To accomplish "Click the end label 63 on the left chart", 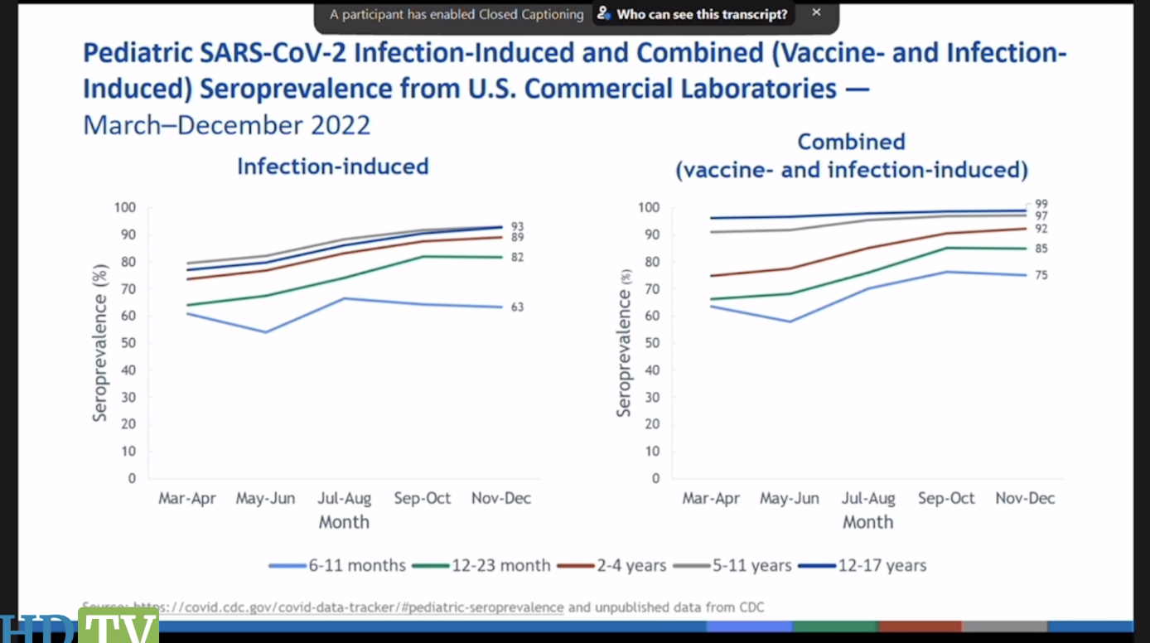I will pos(517,307).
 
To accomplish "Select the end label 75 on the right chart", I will pos(1041,275).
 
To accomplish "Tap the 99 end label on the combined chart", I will pos(1041,204).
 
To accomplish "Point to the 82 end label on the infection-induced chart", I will pos(517,258).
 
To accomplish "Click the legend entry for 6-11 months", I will pos(356,566).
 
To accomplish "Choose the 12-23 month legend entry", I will pos(500,566).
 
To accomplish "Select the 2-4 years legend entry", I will pos(631,566).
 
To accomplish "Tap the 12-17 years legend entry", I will pos(882,566).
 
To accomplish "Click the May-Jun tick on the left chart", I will pos(265,499).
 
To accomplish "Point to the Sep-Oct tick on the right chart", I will pos(947,499).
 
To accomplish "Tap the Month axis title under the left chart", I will pos(344,523).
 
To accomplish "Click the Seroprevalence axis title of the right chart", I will pos(625,342).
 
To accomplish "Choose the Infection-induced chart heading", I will pos(332,167).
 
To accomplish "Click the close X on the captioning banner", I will pos(816,13).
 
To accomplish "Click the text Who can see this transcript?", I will pos(701,15).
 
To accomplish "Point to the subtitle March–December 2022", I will pos(226,125).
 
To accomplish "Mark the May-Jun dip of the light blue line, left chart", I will pos(265,332).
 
